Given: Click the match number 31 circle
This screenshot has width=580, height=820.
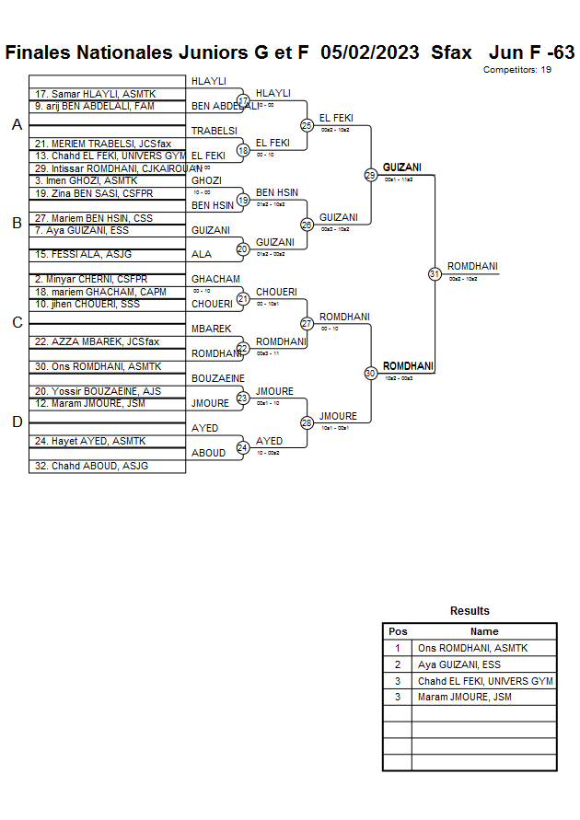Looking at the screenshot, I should pyautogui.click(x=435, y=273).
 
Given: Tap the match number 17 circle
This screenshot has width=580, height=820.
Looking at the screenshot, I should pyautogui.click(x=243, y=100).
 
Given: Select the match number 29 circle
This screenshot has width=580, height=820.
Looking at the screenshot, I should pyautogui.click(x=370, y=175).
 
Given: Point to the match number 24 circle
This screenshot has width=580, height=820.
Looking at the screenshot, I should pyautogui.click(x=243, y=448).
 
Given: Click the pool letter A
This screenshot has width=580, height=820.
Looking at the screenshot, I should pyautogui.click(x=17, y=125).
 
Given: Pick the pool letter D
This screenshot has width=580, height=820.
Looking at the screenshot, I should pyautogui.click(x=17, y=422).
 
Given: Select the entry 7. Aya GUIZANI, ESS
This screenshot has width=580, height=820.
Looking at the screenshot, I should pyautogui.click(x=82, y=229).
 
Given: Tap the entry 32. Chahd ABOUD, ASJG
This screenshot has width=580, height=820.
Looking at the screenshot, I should pyautogui.click(x=91, y=466).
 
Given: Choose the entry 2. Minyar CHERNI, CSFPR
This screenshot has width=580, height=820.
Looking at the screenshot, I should pyautogui.click(x=91, y=279).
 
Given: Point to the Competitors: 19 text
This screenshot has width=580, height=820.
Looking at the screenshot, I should pyautogui.click(x=516, y=70).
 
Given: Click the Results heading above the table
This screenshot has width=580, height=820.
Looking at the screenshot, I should pyautogui.click(x=470, y=611).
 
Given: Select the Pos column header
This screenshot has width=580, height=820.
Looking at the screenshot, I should pyautogui.click(x=398, y=631).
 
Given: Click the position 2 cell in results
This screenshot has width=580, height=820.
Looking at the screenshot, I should pyautogui.click(x=398, y=664).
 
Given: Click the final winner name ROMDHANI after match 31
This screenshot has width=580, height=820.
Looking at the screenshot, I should pyautogui.click(x=472, y=267).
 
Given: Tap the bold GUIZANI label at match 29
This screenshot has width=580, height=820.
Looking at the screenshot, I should pyautogui.click(x=402, y=167).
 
